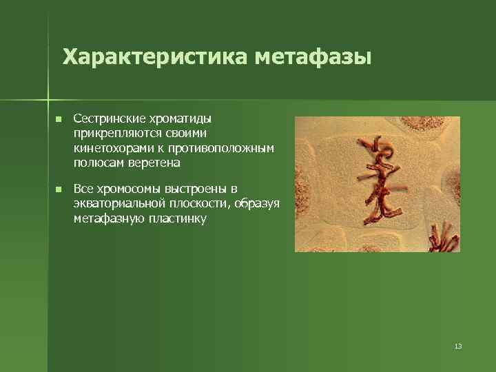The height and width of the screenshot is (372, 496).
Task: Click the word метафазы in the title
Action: coord(313,56)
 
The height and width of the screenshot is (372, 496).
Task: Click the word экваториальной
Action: coord(116,204)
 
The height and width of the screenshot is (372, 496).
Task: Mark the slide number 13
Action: coord(458,346)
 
